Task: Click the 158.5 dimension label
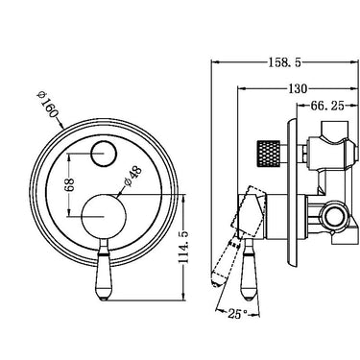pos(284,62)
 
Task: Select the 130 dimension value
pos(298,88)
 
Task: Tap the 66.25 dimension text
pos(326,106)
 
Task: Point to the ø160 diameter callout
pos(47,105)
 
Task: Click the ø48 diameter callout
pos(132,176)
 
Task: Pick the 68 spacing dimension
pos(70,184)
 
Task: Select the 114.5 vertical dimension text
pos(184,247)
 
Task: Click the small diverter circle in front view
pos(104,154)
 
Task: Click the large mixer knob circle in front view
pos(104,216)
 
